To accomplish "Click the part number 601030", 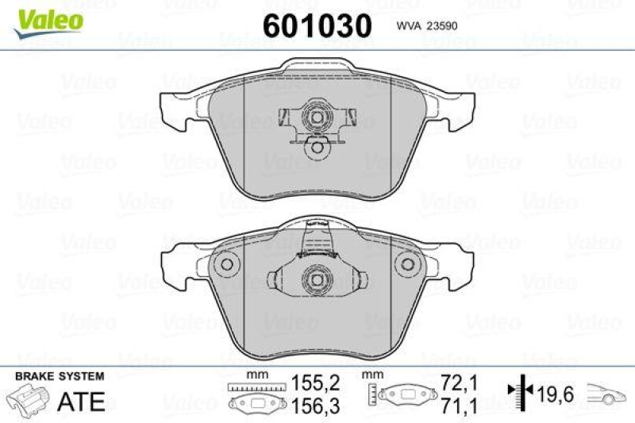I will click(316, 25).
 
